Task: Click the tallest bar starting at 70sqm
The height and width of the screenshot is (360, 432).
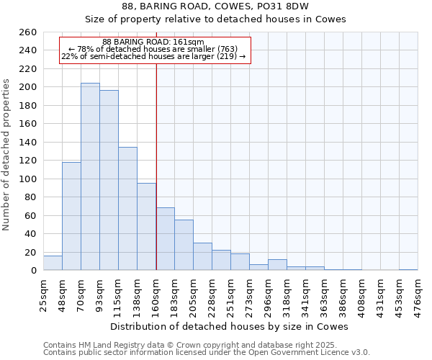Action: [90, 176]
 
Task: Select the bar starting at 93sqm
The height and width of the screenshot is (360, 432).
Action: [109, 180]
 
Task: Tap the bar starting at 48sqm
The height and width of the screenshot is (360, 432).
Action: [71, 216]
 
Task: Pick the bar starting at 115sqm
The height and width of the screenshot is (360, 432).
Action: [127, 209]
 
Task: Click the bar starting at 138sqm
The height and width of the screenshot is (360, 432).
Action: [146, 227]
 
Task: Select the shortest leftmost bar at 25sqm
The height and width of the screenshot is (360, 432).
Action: [53, 264]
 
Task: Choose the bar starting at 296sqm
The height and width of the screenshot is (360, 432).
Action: [277, 265]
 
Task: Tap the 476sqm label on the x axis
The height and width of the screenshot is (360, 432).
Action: [418, 295]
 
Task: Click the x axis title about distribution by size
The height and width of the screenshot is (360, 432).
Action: [230, 326]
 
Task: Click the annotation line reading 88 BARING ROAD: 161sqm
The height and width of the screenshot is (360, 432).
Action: [153, 42]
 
